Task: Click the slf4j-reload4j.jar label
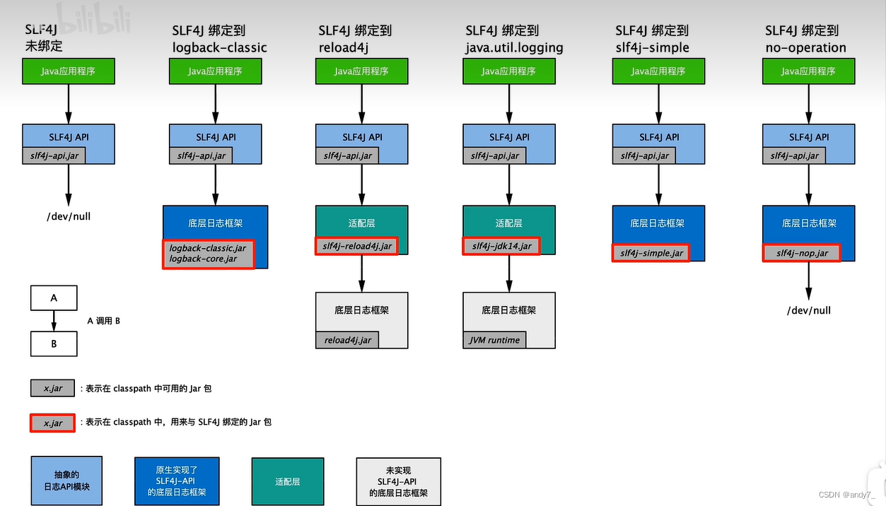[356, 246]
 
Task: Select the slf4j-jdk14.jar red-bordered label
[501, 246]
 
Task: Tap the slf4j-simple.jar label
[650, 253]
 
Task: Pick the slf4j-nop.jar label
[801, 253]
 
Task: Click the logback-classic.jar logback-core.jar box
[208, 254]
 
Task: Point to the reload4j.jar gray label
[347, 340]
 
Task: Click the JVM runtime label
[494, 340]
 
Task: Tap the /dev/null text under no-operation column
[808, 310]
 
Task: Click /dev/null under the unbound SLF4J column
[69, 216]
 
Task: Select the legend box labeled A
[54, 298]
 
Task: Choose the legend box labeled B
[54, 344]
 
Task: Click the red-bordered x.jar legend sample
[52, 423]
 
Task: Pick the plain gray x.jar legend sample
[52, 388]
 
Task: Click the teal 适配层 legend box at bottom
[287, 481]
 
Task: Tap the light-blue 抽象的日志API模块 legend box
[66, 481]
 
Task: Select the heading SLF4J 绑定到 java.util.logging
[514, 40]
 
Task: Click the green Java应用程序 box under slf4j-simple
[658, 71]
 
